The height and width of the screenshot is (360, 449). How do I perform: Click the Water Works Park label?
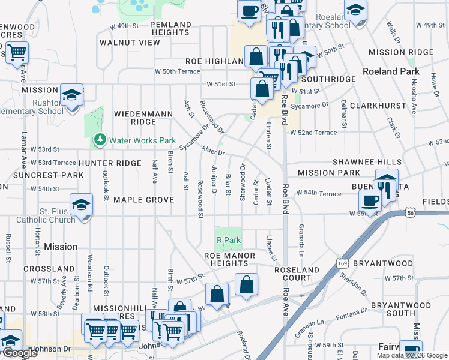point(142,141)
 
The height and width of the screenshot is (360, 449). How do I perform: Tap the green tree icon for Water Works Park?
point(100,141)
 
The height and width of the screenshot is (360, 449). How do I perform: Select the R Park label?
point(228,241)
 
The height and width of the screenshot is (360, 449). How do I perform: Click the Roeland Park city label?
point(389,71)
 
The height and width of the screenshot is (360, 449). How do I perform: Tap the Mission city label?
point(61,247)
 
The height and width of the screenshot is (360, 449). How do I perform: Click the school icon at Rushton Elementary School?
point(71,95)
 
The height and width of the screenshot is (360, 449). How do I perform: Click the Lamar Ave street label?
point(24,161)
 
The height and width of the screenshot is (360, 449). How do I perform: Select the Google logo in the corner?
point(20,353)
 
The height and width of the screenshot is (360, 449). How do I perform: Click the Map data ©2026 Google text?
point(411,355)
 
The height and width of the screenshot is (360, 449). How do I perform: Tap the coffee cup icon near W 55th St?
point(370,200)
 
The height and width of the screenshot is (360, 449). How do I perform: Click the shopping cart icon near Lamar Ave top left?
point(17,53)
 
